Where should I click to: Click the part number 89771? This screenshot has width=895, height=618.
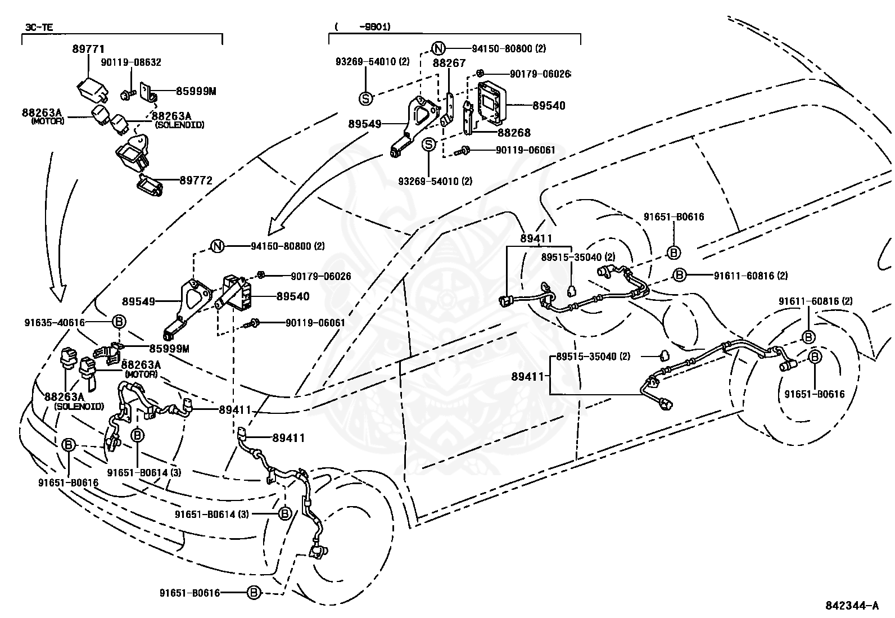pyautogui.click(x=88, y=49)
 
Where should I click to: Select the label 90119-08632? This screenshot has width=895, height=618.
pyautogui.click(x=131, y=62)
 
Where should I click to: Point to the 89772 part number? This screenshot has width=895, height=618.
pyautogui.click(x=196, y=181)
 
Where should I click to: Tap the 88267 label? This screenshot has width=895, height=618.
pyautogui.click(x=450, y=63)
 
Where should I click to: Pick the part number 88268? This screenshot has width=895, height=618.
pyautogui.click(x=514, y=132)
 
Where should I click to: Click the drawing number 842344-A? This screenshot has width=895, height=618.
pyautogui.click(x=852, y=606)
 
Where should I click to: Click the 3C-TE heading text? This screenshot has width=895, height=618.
pyautogui.click(x=39, y=27)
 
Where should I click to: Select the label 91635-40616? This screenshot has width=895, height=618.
pyautogui.click(x=55, y=323)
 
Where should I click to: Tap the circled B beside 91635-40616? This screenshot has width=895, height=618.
pyautogui.click(x=119, y=322)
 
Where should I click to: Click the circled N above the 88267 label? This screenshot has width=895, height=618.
pyautogui.click(x=439, y=49)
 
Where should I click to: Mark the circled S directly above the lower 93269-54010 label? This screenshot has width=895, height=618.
pyautogui.click(x=429, y=145)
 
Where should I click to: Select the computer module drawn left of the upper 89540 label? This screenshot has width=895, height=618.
pyautogui.click(x=492, y=102)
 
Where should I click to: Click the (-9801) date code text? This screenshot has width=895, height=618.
pyautogui.click(x=363, y=27)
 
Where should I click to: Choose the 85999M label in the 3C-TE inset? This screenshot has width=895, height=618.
pyautogui.click(x=196, y=92)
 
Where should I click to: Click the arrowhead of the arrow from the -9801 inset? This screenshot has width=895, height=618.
pyautogui.click(x=275, y=227)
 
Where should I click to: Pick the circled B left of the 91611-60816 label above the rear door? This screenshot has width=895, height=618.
pyautogui.click(x=680, y=276)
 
